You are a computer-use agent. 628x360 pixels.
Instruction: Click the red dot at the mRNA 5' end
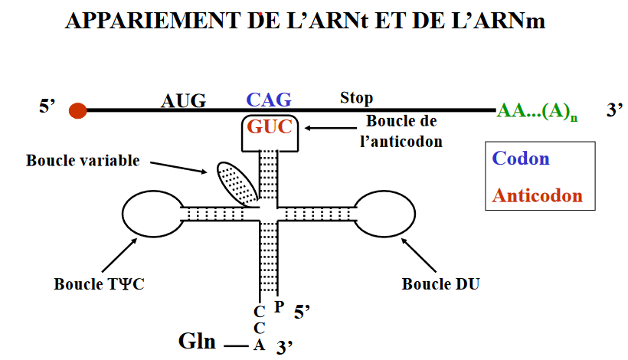77,110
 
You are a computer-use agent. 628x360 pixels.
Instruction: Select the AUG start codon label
183,100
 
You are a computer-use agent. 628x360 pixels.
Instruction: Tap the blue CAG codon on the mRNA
268,100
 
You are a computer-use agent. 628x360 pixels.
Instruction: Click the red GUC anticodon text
269,127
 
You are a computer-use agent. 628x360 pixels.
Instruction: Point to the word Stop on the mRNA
356,98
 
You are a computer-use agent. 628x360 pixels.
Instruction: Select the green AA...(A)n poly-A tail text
537,111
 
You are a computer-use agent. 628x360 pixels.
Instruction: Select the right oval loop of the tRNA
381,212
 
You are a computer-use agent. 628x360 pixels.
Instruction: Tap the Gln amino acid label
198,341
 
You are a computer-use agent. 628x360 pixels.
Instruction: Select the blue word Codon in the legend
521,159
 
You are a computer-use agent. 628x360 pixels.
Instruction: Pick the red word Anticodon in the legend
537,195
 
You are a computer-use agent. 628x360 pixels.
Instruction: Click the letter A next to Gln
260,345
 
